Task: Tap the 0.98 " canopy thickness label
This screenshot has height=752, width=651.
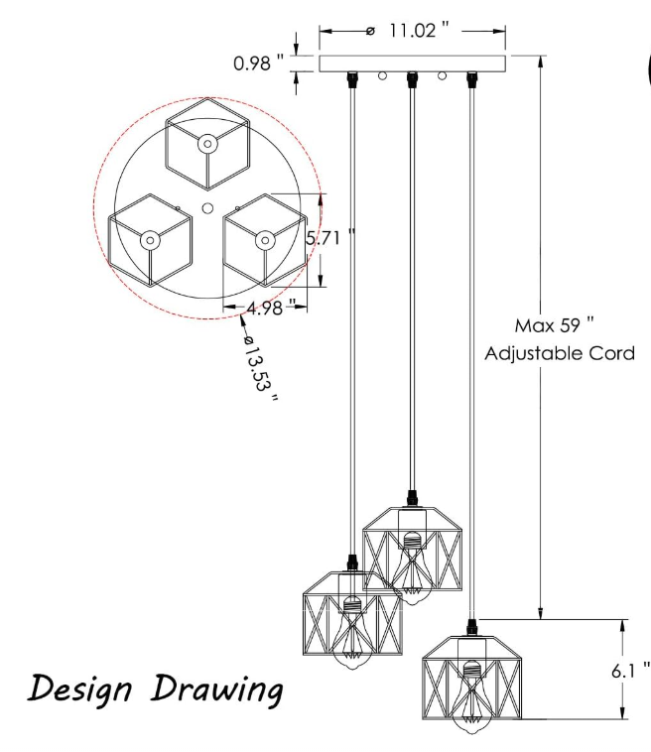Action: [259, 63]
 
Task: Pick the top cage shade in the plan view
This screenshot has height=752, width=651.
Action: [206, 145]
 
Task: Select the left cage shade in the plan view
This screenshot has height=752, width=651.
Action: [149, 239]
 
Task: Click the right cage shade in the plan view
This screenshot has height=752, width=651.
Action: [264, 239]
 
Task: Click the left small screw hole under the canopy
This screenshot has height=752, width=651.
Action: [381, 75]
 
